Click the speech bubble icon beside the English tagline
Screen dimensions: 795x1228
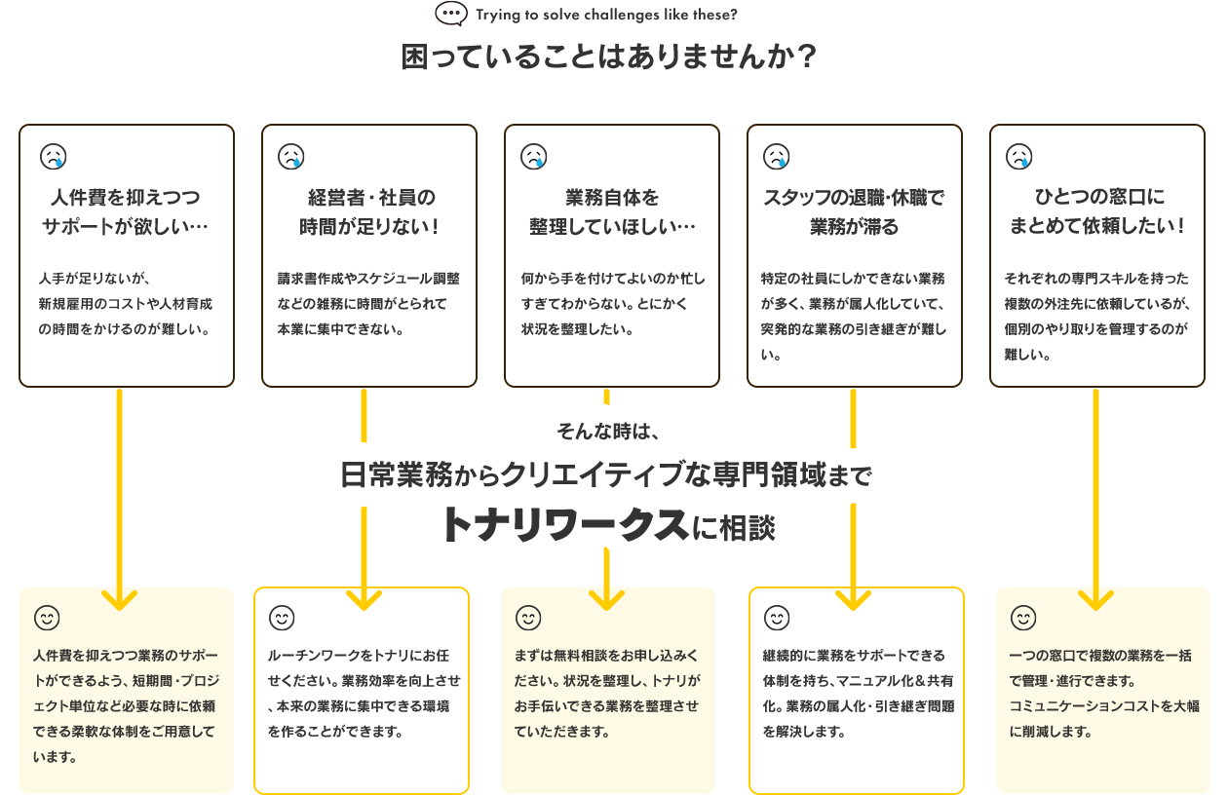(451, 14)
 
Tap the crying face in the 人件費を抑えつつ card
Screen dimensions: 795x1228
(53, 156)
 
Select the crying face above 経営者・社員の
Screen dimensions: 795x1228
(290, 156)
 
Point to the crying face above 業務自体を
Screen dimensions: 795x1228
(533, 156)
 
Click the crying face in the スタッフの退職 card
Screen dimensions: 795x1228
(776, 156)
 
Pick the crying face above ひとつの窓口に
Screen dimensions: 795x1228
(1018, 156)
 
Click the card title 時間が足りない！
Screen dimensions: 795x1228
(369, 227)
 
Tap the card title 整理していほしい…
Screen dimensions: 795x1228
(612, 227)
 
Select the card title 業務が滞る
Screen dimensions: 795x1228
(854, 227)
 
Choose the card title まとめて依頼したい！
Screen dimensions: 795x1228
(1097, 227)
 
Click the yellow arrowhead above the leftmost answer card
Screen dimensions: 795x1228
(119, 597)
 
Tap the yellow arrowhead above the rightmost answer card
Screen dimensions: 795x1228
(1095, 597)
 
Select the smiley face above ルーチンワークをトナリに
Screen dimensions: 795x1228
(282, 618)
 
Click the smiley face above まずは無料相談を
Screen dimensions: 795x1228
(528, 618)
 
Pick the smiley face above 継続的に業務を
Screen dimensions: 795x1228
(776, 618)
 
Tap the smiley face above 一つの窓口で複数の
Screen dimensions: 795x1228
(1023, 618)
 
